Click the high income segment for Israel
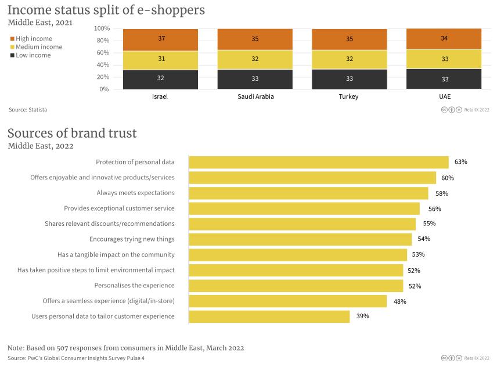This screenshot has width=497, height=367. click(x=160, y=39)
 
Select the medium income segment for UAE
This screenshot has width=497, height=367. click(x=444, y=59)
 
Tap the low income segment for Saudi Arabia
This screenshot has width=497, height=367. click(x=255, y=79)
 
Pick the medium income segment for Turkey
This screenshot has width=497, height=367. click(x=349, y=59)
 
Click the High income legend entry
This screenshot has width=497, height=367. click(x=34, y=38)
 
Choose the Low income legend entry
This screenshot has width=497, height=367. click(x=33, y=55)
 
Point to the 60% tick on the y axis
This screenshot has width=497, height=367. click(x=102, y=53)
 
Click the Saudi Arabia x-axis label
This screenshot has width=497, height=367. click(x=255, y=97)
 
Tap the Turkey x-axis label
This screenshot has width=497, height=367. click(x=349, y=97)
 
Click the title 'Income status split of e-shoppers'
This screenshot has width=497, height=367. click(x=106, y=10)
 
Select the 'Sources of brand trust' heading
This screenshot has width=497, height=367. click(x=72, y=133)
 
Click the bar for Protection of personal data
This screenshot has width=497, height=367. click(x=319, y=162)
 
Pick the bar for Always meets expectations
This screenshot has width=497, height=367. click(x=308, y=193)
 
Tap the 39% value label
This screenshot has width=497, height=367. click(x=362, y=316)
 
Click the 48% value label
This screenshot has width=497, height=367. click(x=399, y=301)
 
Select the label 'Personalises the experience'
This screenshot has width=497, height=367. click(x=134, y=286)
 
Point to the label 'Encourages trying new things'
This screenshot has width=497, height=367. click(x=132, y=239)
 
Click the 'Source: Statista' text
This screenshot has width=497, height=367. click(x=28, y=109)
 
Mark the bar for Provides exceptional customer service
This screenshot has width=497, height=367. click(x=304, y=208)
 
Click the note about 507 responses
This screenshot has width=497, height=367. click(x=125, y=348)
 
